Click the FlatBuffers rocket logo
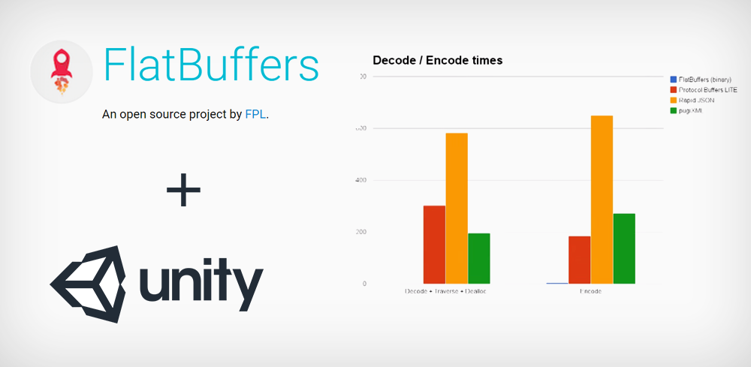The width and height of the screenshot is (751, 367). pos(62,72)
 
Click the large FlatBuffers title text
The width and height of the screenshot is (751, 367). pos(211,66)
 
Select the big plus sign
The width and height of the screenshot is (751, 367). pos(183,191)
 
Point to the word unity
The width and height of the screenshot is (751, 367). pos(199,284)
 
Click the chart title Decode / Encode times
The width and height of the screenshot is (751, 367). pos(438,60)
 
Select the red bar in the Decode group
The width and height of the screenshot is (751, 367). pos(434,245)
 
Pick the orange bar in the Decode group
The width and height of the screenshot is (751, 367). pos(457,208)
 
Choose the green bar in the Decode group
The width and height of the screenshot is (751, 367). pos(478,258)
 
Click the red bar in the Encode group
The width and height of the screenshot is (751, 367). pos(580,260)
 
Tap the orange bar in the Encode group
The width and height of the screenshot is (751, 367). pos(602,200)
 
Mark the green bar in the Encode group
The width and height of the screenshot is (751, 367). pos(624,248)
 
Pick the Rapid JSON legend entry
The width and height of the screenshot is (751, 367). pos(697,100)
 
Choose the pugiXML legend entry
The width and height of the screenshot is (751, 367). pos(692,110)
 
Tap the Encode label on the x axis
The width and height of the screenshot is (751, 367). pos(590,291)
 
